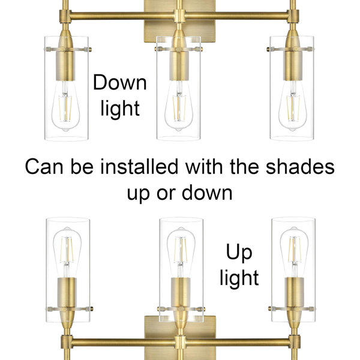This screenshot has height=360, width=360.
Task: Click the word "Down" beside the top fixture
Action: (120, 82)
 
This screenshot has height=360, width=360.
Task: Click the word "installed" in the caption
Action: (139, 166)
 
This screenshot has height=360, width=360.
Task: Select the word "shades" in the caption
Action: (300, 166)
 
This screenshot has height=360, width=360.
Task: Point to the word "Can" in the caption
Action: (44, 167)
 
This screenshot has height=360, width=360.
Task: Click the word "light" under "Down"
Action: (120, 109)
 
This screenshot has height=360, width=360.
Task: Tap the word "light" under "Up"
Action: (239, 278)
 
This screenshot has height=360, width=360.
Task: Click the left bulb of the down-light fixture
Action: (65, 106)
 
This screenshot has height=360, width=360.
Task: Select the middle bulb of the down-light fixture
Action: (179, 106)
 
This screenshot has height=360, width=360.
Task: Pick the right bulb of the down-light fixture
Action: (293, 106)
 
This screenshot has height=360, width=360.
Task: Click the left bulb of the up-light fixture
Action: (67, 253)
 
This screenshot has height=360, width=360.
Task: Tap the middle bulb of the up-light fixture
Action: (181, 253)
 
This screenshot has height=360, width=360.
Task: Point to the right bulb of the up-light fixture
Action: (294, 253)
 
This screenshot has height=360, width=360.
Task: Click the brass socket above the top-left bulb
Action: (65, 66)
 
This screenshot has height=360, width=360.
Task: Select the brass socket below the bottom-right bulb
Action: (295, 292)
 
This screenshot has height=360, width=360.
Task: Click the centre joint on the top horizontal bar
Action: (179, 16)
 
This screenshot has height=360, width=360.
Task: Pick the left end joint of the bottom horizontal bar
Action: (67, 343)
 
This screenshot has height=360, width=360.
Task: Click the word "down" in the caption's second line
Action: (207, 193)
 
